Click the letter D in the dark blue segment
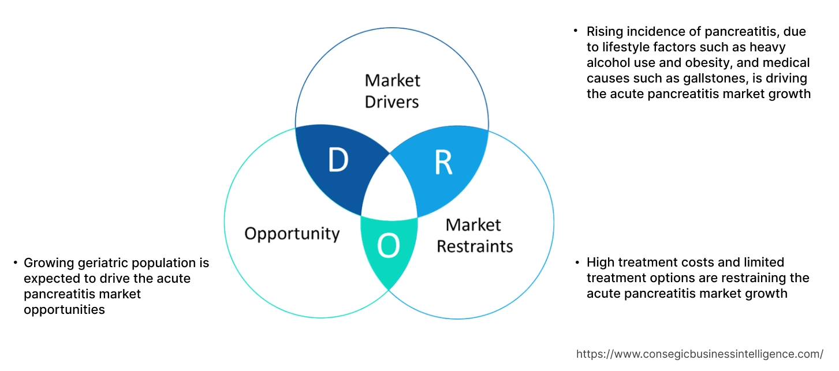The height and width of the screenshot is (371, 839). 338,161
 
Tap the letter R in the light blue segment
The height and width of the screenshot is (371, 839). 443,163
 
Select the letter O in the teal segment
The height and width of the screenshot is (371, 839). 388,247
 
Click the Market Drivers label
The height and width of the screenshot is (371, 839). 392,91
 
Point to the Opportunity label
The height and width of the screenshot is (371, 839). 292,234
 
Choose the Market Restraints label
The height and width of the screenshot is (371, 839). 474,235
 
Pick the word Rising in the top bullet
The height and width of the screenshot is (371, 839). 604,31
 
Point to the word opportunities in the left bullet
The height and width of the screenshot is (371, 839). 64,310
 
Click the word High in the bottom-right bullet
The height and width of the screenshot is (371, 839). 600,263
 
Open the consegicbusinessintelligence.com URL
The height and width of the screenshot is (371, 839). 700,354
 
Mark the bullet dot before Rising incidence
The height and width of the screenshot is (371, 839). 576,30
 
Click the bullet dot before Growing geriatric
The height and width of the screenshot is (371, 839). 15,263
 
